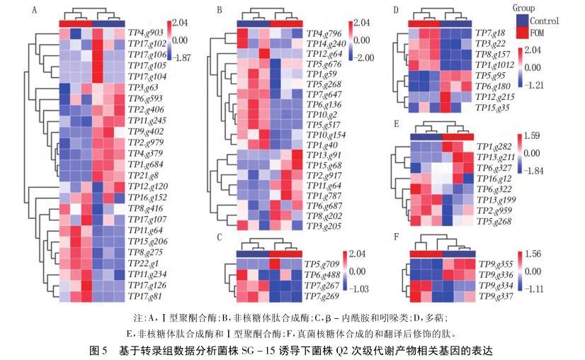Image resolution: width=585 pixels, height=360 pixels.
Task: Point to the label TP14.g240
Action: coord(326,43)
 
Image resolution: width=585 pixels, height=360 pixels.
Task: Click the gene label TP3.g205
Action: coord(324,226)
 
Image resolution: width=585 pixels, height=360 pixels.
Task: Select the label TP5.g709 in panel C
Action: coord(322,264)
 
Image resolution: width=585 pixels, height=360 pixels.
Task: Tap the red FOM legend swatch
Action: coord(521,33)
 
